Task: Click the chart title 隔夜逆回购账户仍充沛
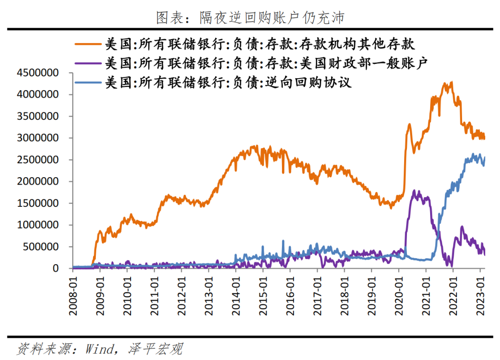pos(250,18)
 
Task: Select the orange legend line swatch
pos(87,44)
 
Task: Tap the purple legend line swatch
pos(87,63)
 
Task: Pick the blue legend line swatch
pos(87,83)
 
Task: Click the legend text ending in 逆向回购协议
pos(228,83)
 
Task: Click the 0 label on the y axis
pos(56,268)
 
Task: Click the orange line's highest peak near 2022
pos(451,82)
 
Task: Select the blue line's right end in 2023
pos(484,158)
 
